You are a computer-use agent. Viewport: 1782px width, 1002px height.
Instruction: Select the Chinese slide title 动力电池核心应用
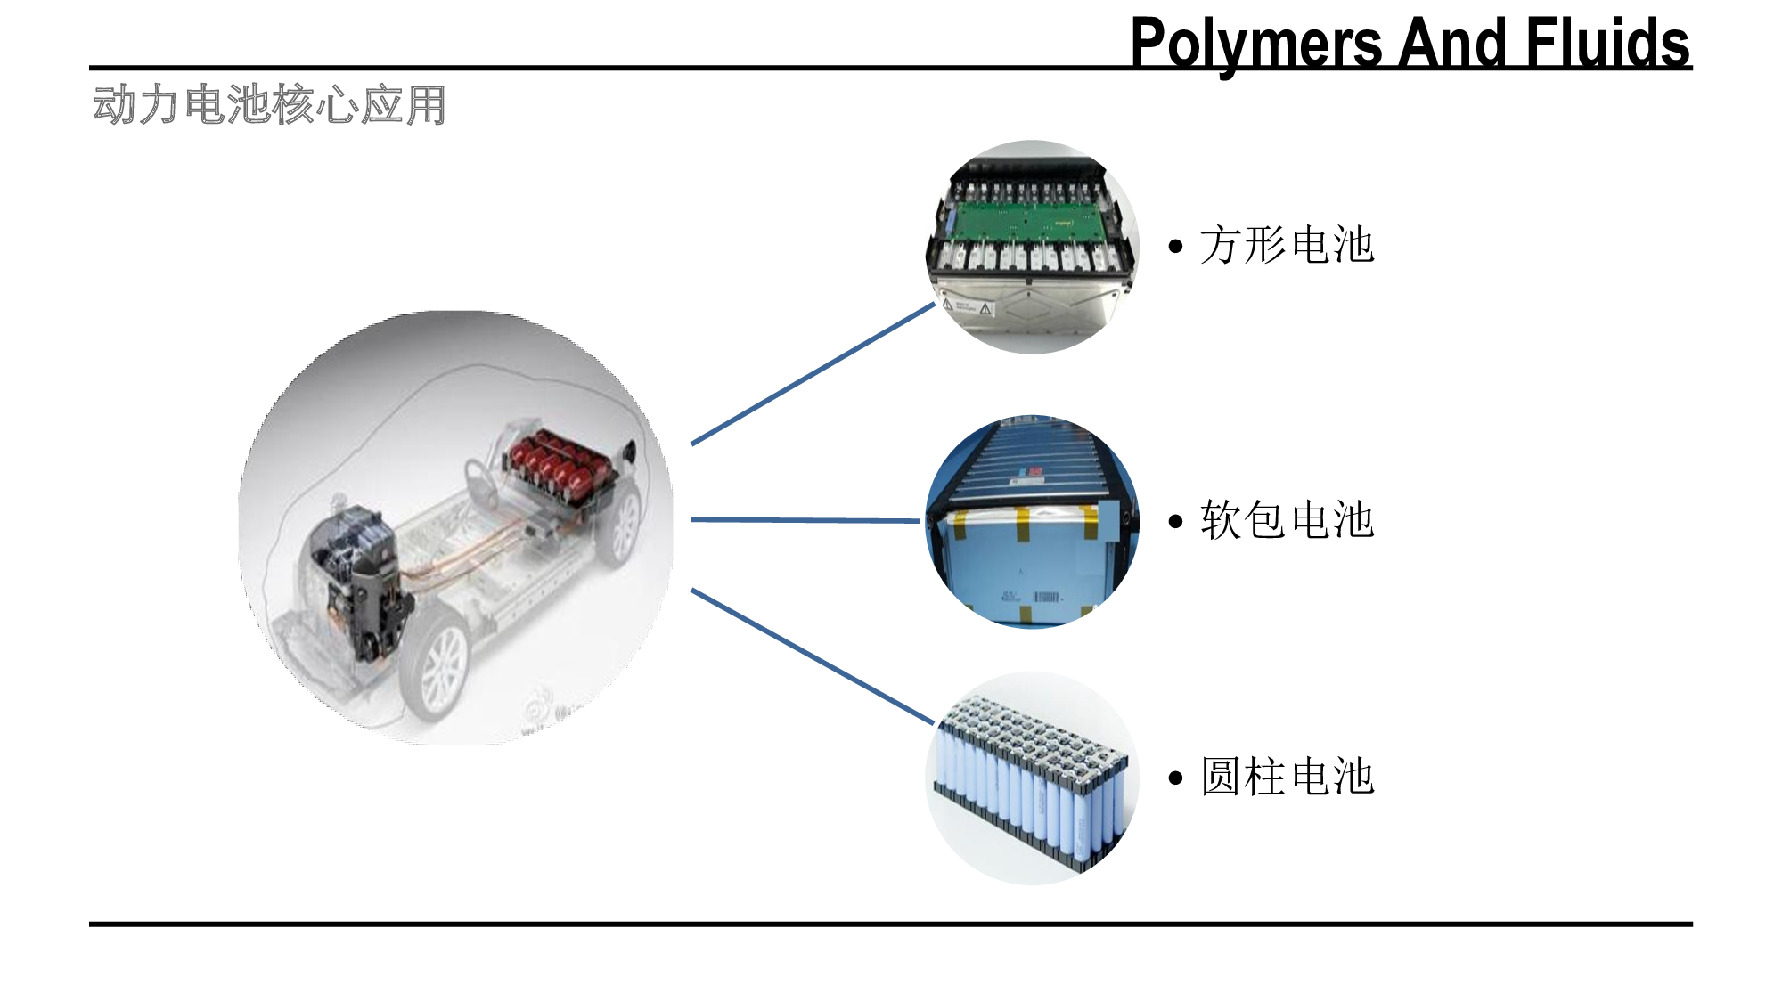[x=269, y=105]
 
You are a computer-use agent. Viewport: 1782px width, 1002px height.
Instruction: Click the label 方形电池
[x=1287, y=245]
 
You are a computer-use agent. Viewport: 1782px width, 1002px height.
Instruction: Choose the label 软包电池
[x=1287, y=520]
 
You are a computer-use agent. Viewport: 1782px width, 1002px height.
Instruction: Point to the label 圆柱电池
[x=1287, y=777]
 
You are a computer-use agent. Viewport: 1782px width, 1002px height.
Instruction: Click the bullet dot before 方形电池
[x=1176, y=247]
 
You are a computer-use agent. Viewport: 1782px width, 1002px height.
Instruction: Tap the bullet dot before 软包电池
[x=1176, y=522]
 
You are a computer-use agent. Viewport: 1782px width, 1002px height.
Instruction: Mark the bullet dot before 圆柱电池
[x=1176, y=778]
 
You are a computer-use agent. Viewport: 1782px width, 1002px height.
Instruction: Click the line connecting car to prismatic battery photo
[x=813, y=374]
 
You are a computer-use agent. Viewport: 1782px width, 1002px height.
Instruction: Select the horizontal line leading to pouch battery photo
[x=805, y=520]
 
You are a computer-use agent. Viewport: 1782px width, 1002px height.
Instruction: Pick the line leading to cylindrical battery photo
[x=813, y=656]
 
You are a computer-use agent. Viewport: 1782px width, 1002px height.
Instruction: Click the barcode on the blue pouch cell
[x=1046, y=596]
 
